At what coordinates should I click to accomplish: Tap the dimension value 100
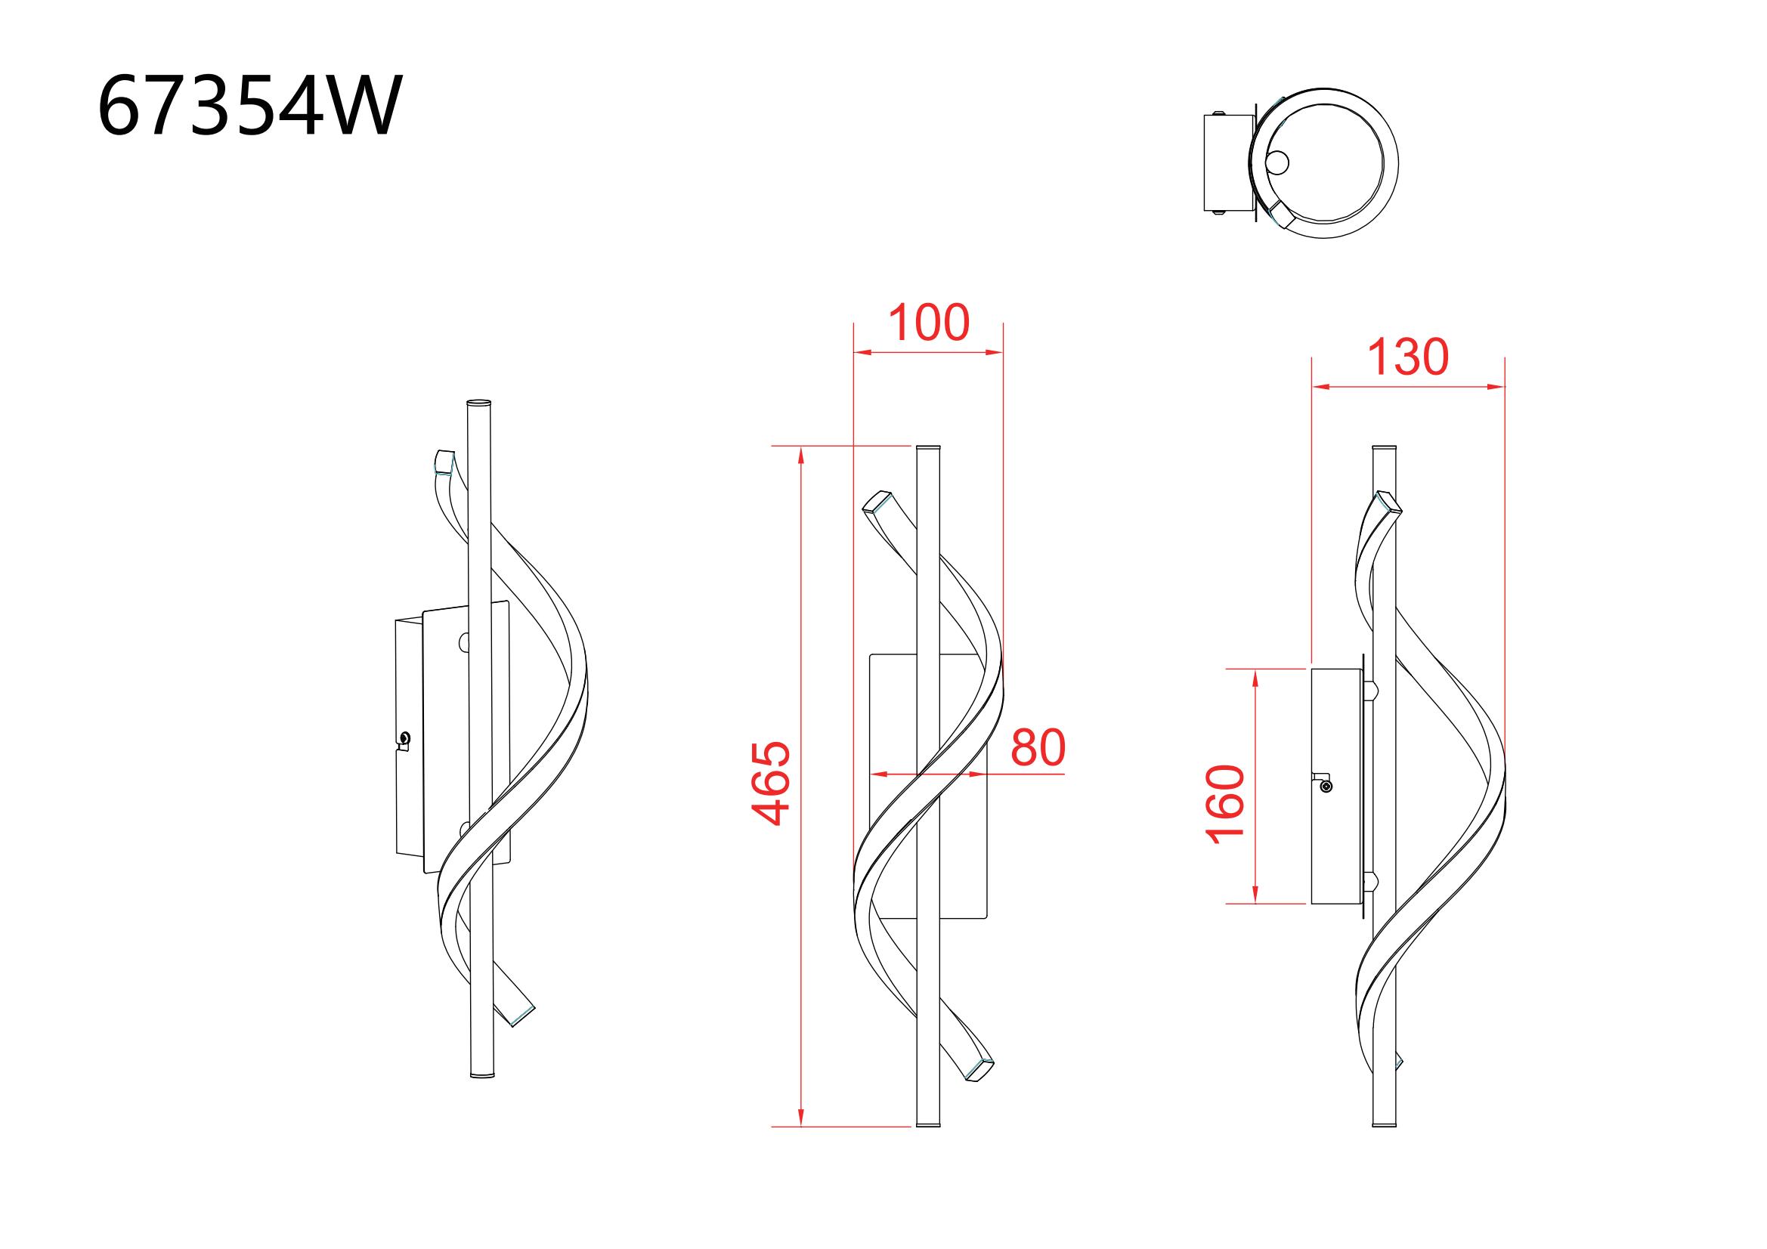click(x=929, y=323)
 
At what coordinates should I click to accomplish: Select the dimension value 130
click(x=1407, y=358)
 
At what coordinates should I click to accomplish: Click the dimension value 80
click(x=1038, y=747)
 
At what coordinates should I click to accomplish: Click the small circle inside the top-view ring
click(x=1278, y=163)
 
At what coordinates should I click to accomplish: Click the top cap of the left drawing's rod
click(x=478, y=403)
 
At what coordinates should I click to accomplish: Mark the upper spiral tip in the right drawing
click(x=1388, y=502)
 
